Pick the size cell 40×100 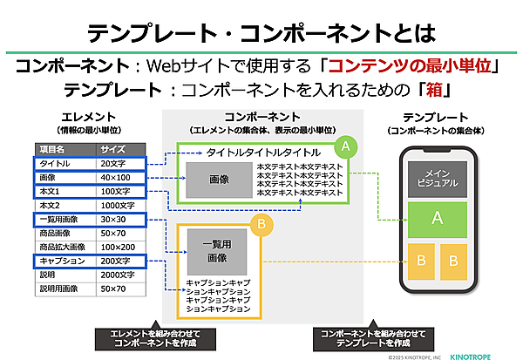[x=116, y=177]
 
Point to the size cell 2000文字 [x=117, y=274]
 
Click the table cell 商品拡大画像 [x=63, y=247]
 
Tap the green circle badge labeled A [x=346, y=146]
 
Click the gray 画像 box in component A [x=219, y=179]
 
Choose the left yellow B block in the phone [x=423, y=261]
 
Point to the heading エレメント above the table [x=85, y=117]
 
